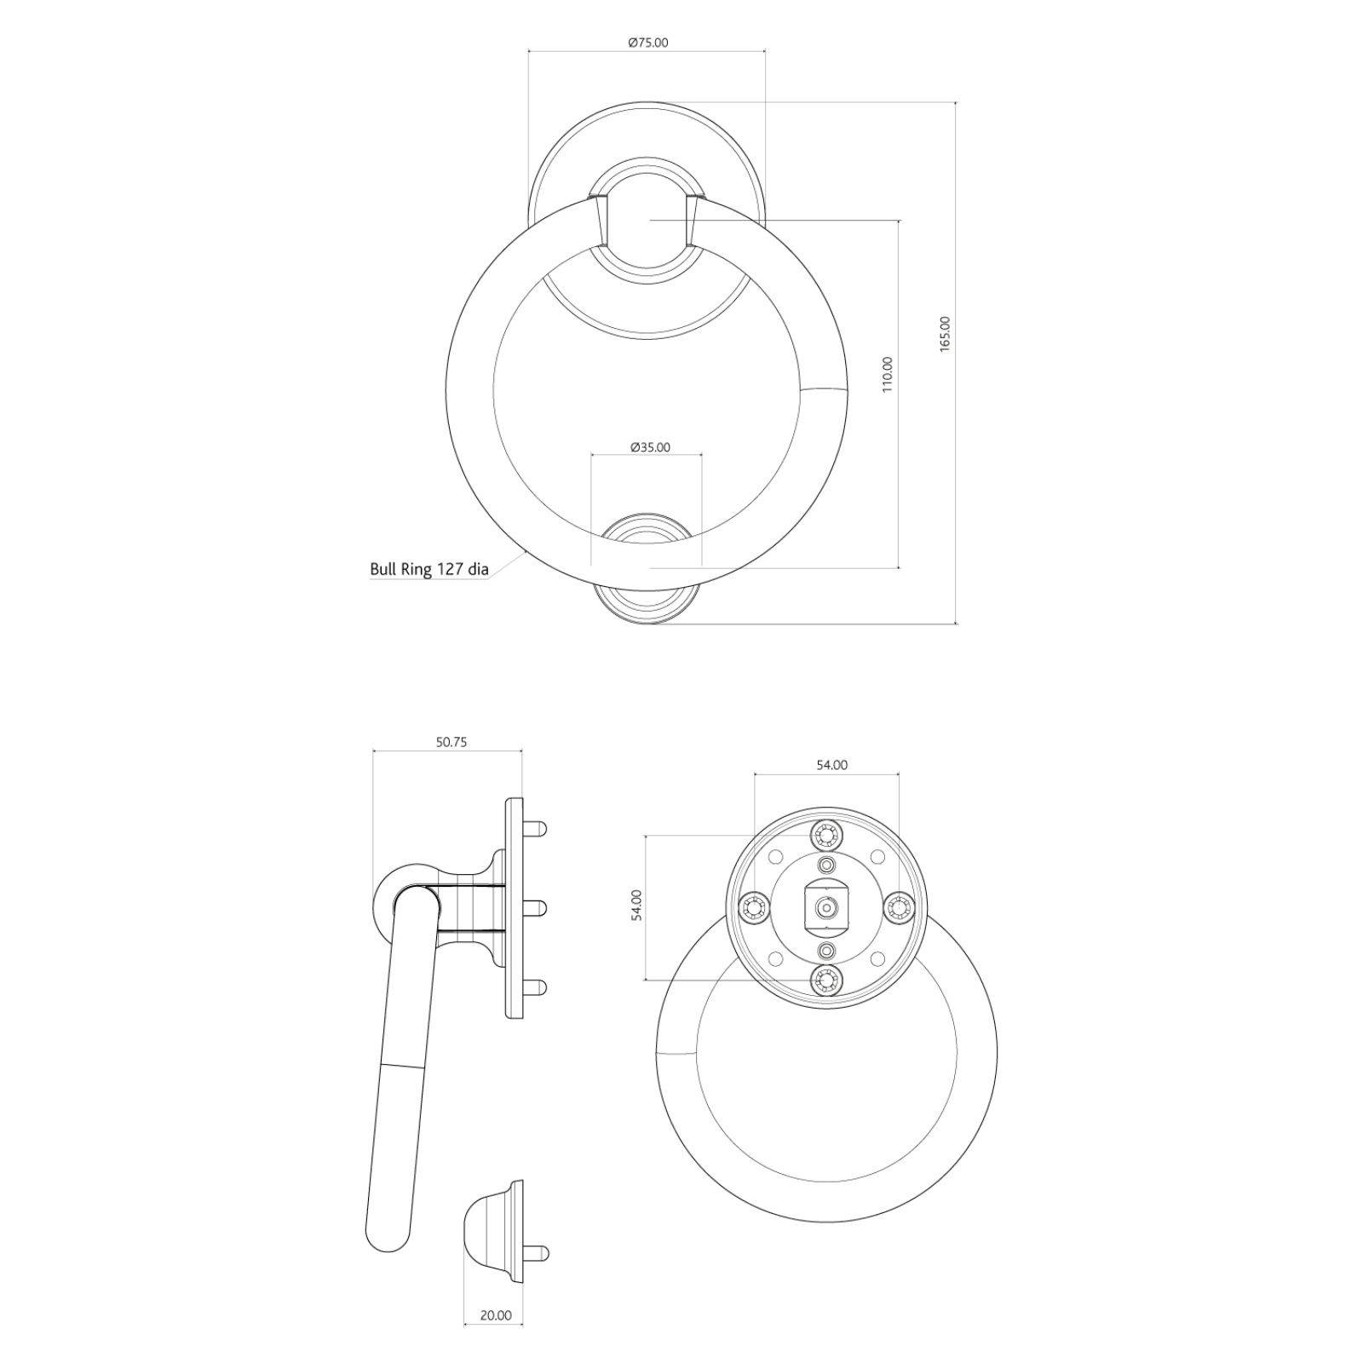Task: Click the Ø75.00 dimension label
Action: pyautogui.click(x=647, y=42)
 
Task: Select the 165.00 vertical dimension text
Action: pyautogui.click(x=944, y=334)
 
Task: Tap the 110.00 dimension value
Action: pyautogui.click(x=888, y=374)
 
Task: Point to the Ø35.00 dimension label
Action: pyautogui.click(x=649, y=447)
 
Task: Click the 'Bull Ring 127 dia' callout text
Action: pyautogui.click(x=429, y=569)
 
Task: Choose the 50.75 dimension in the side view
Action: pyautogui.click(x=451, y=742)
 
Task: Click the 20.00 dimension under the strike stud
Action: pyautogui.click(x=496, y=1339)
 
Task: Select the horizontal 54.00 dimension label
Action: pyautogui.click(x=831, y=765)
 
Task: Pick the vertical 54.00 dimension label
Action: pyautogui.click(x=636, y=906)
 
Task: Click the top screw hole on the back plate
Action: pyautogui.click(x=825, y=835)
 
